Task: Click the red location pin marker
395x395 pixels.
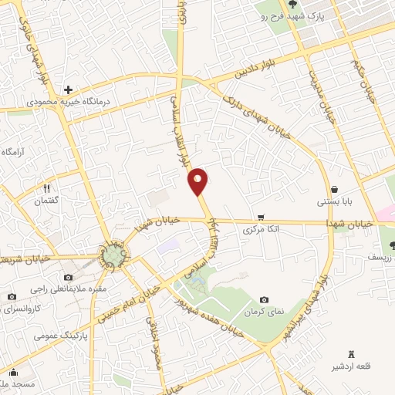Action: [x=198, y=181]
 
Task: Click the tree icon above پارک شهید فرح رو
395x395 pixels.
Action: [x=312, y=6]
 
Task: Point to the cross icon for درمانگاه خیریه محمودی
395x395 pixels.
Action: [x=69, y=89]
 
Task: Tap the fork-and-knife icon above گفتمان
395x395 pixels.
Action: [x=46, y=188]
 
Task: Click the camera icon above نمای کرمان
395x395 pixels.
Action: [x=265, y=299]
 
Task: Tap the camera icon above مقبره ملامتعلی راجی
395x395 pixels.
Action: [x=69, y=277]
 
